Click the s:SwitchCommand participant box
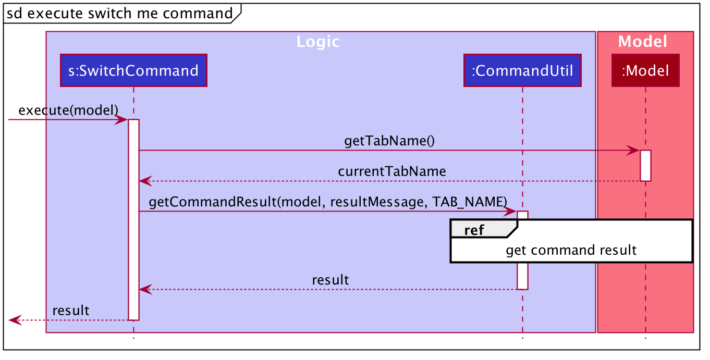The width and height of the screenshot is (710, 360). (133, 70)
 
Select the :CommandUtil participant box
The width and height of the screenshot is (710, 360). (522, 70)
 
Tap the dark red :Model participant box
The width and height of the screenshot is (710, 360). (645, 70)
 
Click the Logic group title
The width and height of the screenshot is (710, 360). (318, 42)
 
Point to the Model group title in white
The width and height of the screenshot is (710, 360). (642, 42)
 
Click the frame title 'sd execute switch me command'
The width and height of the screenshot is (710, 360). (120, 14)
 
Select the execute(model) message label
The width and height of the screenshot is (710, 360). (68, 110)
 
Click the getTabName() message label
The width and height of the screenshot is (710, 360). (389, 141)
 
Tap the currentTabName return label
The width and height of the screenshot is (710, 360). (392, 171)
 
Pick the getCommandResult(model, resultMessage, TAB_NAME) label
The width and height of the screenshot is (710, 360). (328, 202)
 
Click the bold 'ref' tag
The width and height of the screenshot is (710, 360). (474, 230)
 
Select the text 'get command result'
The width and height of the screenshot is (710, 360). (571, 250)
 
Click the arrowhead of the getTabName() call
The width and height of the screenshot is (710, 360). (633, 151)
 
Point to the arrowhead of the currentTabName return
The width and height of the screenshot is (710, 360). (146, 181)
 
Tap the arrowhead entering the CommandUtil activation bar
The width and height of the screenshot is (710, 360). (510, 212)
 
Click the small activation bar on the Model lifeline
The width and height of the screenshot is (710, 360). (645, 166)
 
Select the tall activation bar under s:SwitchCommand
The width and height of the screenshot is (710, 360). (133, 220)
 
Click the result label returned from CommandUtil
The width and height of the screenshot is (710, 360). (330, 280)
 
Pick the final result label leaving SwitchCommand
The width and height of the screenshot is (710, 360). (71, 311)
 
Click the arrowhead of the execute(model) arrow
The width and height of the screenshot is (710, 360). (121, 120)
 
